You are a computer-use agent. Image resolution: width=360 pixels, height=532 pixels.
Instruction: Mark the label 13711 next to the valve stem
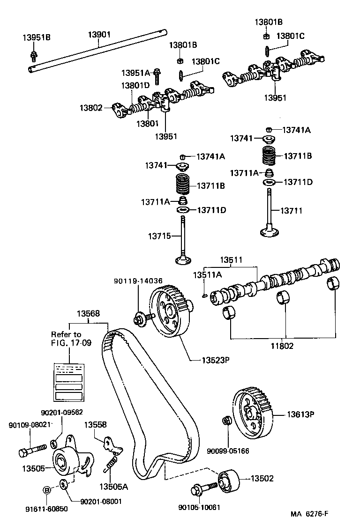click(291, 211)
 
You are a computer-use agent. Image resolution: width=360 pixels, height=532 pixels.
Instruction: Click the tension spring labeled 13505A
click(110, 465)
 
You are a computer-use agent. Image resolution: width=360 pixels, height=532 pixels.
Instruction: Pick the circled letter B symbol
click(46, 490)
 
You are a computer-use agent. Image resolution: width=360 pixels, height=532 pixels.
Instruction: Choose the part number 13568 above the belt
click(88, 314)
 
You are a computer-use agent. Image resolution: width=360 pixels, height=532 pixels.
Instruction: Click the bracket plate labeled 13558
click(111, 444)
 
